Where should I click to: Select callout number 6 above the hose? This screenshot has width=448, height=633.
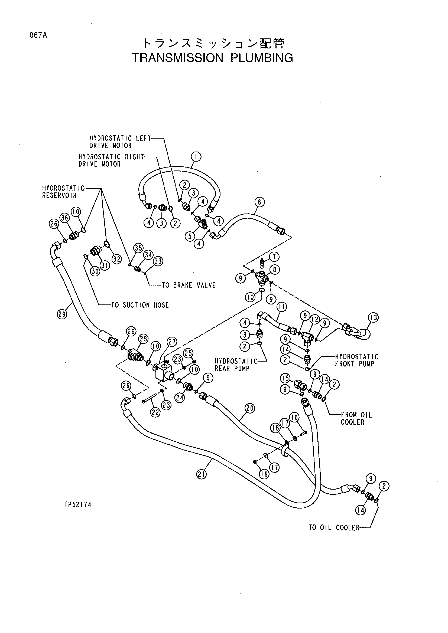coord(259,202)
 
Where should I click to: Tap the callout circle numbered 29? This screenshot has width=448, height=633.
coord(62,314)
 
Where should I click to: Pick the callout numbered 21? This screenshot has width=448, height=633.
coord(201,474)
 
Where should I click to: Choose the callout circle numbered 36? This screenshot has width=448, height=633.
coord(65,218)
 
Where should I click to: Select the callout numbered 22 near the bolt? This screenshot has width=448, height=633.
coord(155,412)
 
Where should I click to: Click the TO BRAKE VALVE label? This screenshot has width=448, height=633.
coord(189,285)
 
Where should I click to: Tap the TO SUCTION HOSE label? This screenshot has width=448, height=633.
coord(140,305)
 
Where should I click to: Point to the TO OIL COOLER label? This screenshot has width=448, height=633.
coord(334,528)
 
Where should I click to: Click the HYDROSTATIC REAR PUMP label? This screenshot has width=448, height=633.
coord(236,365)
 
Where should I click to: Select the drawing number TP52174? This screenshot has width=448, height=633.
coord(78,504)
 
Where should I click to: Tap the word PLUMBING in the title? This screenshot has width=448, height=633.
coord(262,58)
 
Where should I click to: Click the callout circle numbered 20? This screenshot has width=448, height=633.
coord(250,408)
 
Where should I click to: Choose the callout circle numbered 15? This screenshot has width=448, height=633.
coord(285,378)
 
